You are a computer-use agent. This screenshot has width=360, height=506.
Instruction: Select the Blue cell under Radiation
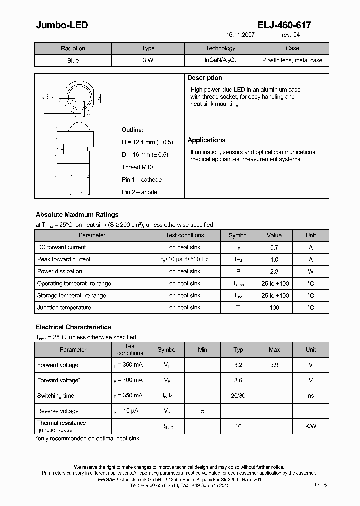click(x=73, y=61)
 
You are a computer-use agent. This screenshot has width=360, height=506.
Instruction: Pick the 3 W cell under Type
click(x=148, y=61)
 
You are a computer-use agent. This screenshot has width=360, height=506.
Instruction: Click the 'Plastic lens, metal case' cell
click(x=292, y=61)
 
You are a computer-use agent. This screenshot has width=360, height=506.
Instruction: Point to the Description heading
click(x=205, y=78)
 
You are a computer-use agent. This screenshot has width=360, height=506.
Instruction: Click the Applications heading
click(x=206, y=140)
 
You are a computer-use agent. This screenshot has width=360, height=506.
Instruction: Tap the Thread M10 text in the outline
click(x=137, y=167)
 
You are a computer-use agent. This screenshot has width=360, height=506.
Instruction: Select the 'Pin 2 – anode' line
click(x=139, y=192)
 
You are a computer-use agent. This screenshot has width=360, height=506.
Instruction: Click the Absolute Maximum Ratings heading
click(x=77, y=215)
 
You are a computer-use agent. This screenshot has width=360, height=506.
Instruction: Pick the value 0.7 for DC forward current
click(x=274, y=247)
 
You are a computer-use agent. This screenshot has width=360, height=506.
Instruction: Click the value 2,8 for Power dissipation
click(x=274, y=271)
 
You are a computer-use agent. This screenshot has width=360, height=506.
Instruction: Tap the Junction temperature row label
click(x=64, y=308)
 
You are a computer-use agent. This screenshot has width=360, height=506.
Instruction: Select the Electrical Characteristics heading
click(x=73, y=327)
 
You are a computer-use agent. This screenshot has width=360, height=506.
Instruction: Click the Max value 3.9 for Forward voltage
click(x=274, y=365)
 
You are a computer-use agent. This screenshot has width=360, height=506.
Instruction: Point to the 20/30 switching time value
click(x=238, y=396)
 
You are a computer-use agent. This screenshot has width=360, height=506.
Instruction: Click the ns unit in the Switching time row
click(x=311, y=396)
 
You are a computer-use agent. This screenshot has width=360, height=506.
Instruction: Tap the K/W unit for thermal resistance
click(x=311, y=426)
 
